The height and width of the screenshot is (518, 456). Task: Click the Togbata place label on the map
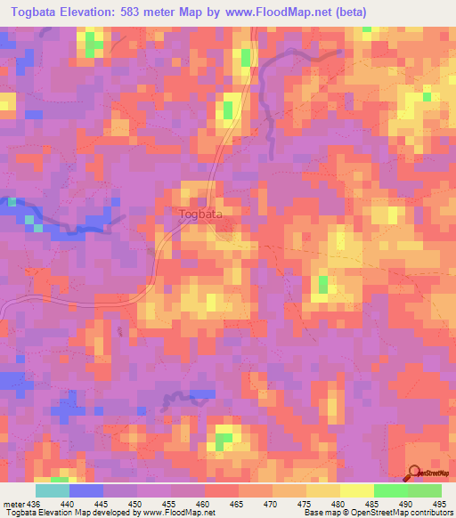click(x=200, y=214)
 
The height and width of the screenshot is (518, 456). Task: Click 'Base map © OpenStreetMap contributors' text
click(x=376, y=512)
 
